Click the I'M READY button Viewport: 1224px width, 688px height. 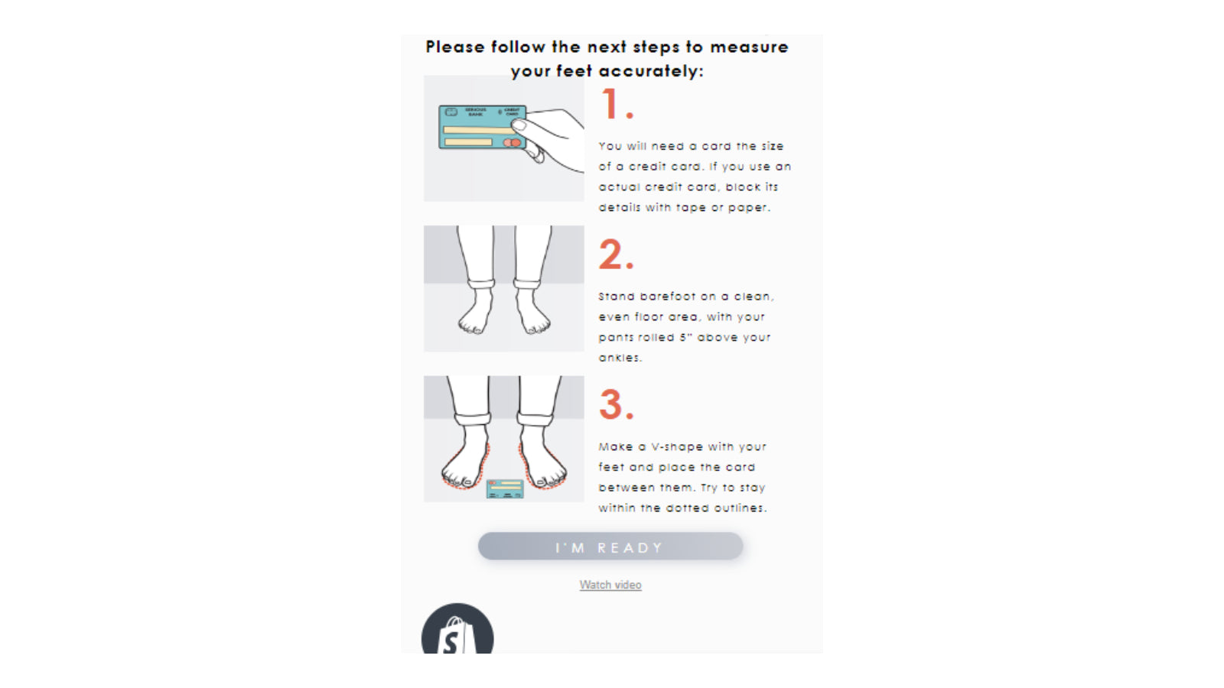coord(610,547)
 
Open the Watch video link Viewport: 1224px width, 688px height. coord(610,585)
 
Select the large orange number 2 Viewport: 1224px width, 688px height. coord(614,255)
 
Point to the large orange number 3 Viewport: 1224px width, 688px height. coord(614,405)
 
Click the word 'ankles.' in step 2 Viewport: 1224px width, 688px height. coord(620,358)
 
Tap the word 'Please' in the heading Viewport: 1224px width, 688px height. coord(454,47)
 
